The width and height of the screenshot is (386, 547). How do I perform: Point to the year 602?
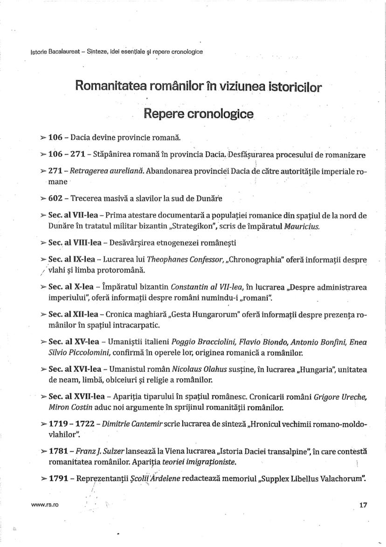[x=55, y=199]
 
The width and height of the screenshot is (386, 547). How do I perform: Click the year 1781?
[x=57, y=452]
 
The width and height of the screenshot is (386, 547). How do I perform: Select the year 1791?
[x=57, y=479]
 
